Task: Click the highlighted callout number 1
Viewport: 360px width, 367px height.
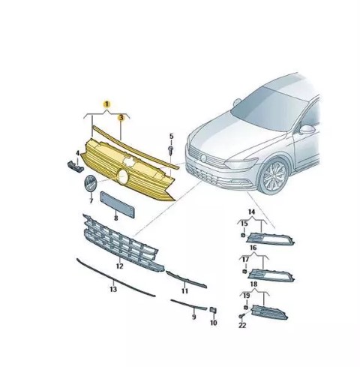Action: (106, 104)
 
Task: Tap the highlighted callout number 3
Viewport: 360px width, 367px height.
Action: (121, 117)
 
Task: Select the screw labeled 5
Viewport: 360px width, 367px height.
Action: (171, 150)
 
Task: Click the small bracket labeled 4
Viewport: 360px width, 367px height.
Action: (76, 167)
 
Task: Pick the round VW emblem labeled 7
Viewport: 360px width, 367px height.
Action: (90, 184)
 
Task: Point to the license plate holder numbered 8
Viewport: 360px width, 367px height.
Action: (118, 205)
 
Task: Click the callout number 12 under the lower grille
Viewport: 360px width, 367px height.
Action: (120, 266)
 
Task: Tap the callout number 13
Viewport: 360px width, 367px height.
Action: (113, 290)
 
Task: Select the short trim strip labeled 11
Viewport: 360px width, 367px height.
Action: (186, 279)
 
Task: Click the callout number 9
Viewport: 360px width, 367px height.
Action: (194, 317)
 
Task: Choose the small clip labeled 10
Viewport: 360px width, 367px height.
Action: (213, 311)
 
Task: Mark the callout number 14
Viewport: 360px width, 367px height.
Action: (251, 212)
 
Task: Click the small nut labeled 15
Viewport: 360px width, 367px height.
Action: (242, 235)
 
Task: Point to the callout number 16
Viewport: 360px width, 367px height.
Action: (253, 248)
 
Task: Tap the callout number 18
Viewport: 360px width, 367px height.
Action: (253, 284)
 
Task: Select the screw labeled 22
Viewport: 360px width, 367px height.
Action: (241, 316)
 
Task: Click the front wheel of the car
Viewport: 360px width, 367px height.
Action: (273, 176)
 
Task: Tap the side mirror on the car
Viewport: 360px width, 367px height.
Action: (307, 130)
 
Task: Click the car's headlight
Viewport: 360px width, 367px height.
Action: (241, 164)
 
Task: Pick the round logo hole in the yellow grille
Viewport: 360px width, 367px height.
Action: (123, 176)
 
